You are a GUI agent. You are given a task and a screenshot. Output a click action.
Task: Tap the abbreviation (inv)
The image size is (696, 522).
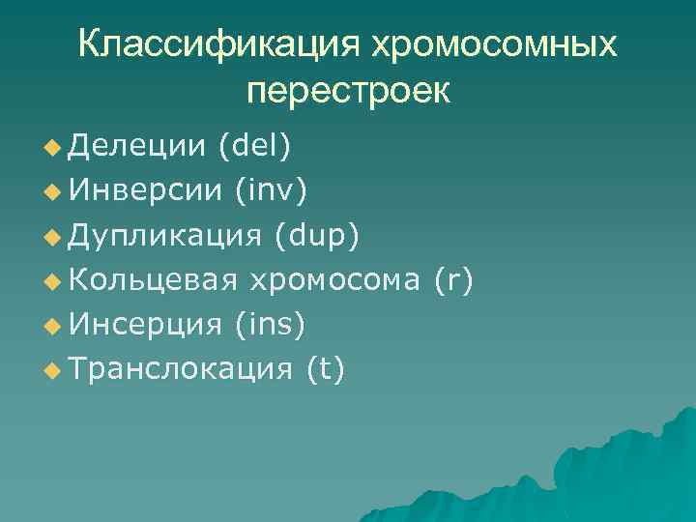tap(271, 190)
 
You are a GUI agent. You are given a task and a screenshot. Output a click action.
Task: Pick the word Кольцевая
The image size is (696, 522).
tap(154, 280)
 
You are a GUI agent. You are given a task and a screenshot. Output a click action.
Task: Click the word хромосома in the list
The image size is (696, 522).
tap(335, 280)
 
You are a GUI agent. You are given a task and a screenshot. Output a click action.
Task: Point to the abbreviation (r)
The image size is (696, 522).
tap(453, 280)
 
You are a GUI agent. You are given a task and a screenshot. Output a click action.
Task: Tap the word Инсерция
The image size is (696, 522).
tap(145, 325)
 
